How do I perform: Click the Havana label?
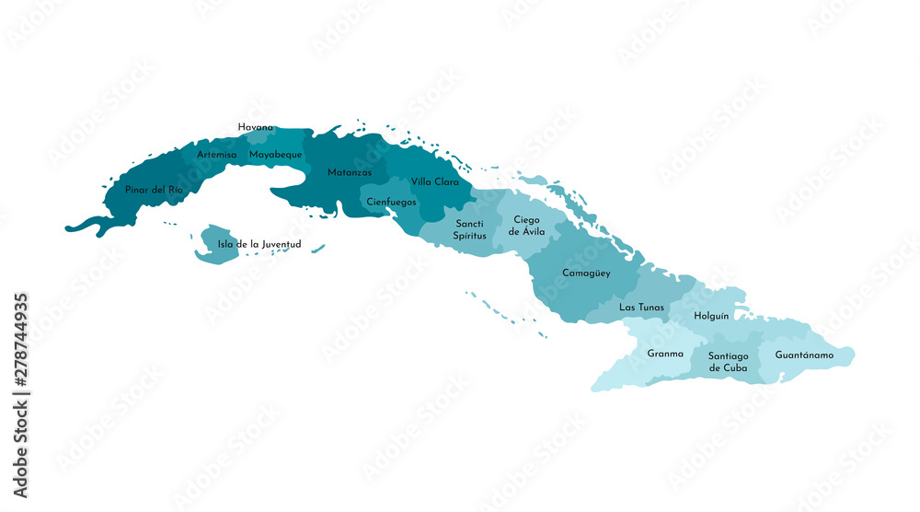click(255, 127)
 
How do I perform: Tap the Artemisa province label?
click(216, 155)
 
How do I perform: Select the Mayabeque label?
click(275, 155)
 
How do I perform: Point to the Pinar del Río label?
click(154, 189)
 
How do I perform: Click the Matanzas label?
click(350, 172)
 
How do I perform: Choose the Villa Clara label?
click(434, 181)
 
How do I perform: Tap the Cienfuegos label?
click(391, 201)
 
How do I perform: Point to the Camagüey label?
click(586, 273)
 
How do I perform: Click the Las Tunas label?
click(641, 307)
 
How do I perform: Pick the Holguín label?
click(711, 316)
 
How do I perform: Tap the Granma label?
click(665, 353)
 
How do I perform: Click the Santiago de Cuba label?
click(729, 361)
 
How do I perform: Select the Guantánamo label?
click(804, 355)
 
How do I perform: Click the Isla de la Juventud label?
click(259, 244)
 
